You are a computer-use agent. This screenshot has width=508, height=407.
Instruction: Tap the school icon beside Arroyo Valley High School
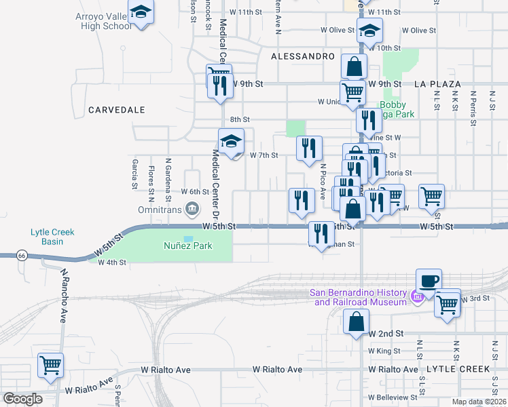point(141,13)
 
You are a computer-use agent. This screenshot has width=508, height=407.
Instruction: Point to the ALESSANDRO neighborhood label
point(302,56)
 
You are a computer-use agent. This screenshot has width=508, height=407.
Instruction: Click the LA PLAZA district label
point(437,84)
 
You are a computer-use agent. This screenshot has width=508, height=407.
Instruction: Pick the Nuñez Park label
point(187,246)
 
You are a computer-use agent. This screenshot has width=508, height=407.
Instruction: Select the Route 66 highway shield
point(21,255)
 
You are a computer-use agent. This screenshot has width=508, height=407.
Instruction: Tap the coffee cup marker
point(428,281)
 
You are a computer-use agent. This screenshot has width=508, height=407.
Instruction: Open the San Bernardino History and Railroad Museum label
point(357,297)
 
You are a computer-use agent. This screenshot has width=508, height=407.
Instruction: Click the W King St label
point(384,351)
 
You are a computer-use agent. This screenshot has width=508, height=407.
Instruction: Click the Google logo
point(22,399)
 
